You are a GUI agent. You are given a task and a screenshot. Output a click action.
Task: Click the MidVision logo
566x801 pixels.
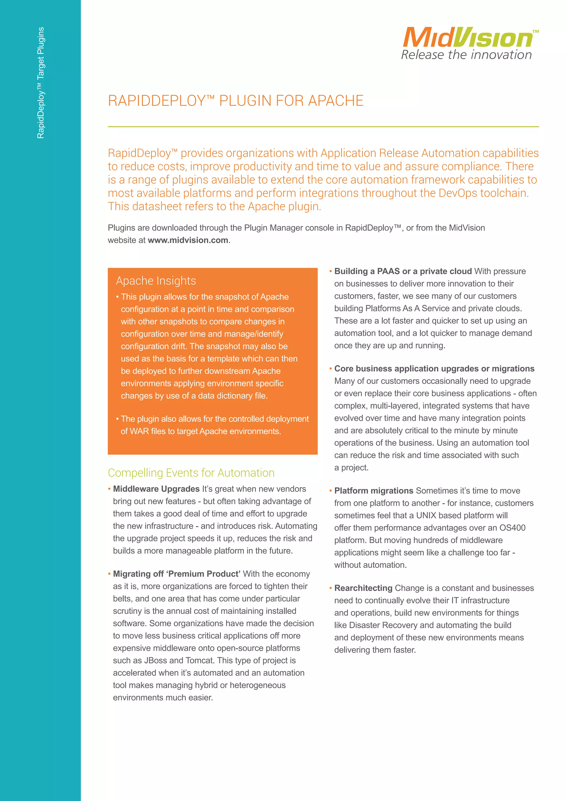point(468,37)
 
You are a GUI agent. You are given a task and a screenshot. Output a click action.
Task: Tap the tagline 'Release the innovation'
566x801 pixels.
point(466,55)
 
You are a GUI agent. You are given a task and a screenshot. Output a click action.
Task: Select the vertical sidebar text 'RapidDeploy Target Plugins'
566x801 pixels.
point(41,83)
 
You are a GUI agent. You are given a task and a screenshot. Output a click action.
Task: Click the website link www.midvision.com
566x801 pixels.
point(188,240)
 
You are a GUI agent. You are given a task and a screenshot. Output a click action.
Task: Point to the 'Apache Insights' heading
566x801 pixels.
point(156,281)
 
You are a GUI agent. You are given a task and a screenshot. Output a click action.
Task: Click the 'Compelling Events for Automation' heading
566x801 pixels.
point(191,473)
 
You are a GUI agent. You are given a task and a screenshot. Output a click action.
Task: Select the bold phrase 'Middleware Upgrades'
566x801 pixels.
point(156,489)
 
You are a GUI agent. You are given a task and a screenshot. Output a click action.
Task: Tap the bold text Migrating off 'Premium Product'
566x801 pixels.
point(176,574)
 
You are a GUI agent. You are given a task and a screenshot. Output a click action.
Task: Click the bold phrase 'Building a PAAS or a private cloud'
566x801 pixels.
point(403,271)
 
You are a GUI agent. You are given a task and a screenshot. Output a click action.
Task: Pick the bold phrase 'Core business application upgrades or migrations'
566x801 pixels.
point(434,368)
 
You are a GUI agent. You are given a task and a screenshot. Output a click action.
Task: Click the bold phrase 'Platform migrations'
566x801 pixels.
point(374,490)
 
